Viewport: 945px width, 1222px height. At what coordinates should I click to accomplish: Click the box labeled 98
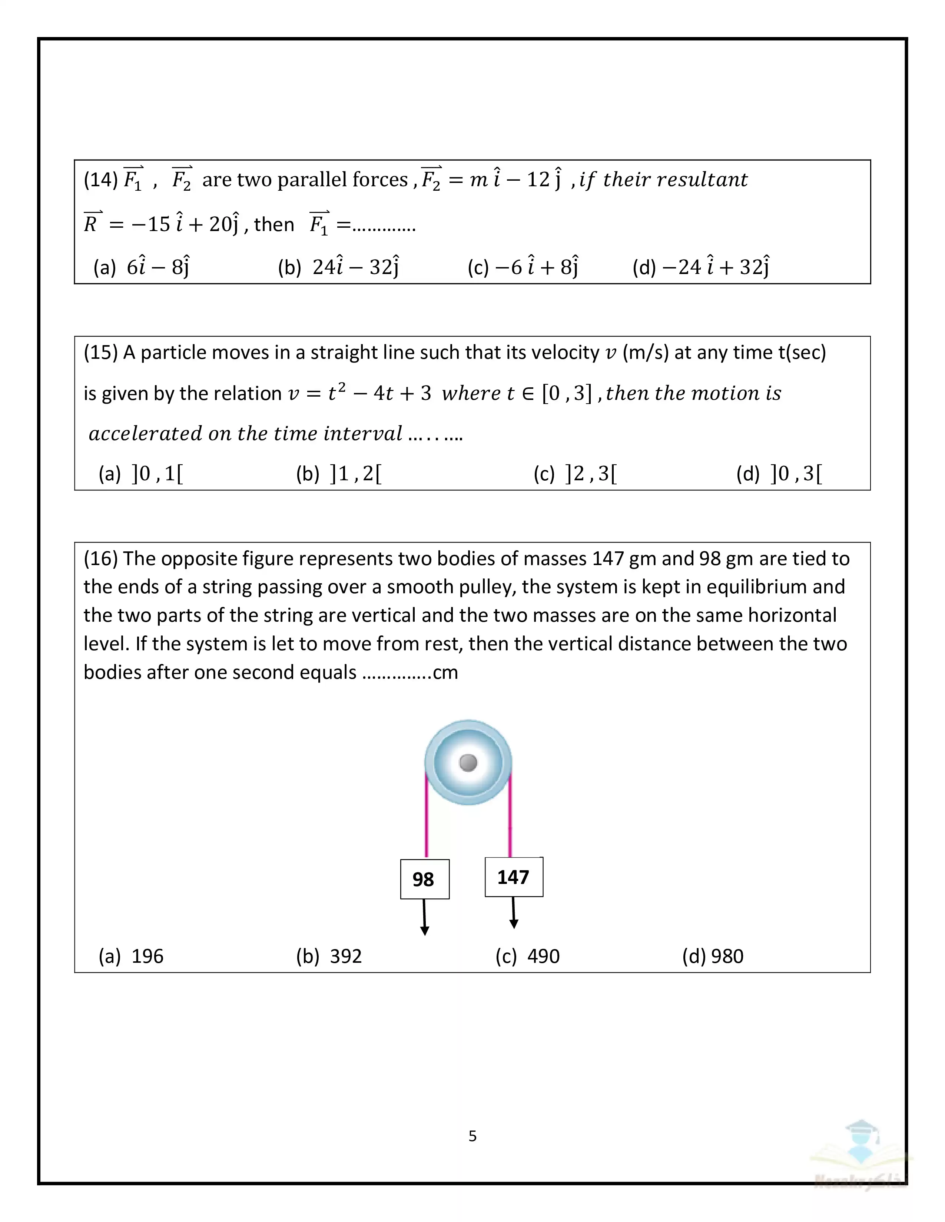[424, 879]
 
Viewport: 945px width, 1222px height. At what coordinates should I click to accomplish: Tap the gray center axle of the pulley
[468, 762]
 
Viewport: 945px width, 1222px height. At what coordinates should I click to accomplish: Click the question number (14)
[101, 180]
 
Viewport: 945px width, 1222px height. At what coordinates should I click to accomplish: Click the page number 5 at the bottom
[472, 1136]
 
